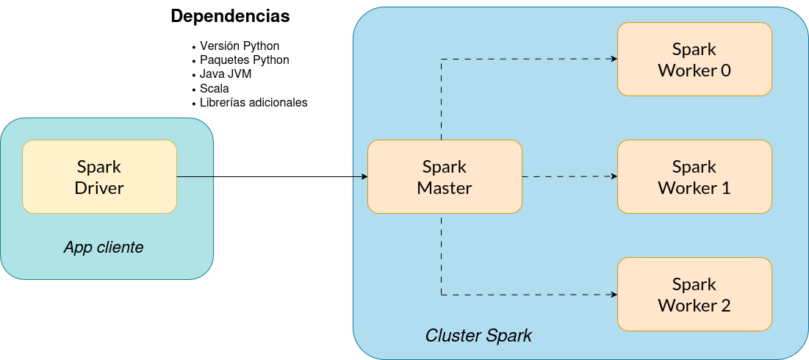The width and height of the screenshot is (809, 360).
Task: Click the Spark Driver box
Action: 99,176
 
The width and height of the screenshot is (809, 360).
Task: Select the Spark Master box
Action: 444,176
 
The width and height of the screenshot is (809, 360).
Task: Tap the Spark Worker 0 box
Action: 694,59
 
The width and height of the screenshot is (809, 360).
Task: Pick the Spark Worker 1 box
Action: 694,176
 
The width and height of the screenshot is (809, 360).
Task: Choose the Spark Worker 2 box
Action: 694,294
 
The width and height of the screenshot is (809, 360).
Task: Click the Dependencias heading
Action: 230,16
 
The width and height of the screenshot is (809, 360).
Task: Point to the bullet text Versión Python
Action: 240,46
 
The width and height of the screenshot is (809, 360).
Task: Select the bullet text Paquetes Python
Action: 245,60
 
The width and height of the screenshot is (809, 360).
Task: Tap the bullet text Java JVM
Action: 226,74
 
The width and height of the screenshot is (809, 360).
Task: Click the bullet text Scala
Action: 215,88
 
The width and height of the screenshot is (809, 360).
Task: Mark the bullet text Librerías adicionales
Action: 254,102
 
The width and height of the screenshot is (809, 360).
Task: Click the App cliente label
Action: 104,248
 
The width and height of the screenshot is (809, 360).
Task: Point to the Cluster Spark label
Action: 478,336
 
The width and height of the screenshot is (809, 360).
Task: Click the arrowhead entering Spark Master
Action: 364,176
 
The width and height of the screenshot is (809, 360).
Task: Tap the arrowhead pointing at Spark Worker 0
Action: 614,59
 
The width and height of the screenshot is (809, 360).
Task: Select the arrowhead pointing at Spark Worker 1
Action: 614,176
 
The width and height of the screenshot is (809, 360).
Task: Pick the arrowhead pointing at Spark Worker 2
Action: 614,294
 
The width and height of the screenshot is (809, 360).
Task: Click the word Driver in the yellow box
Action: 99,188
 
